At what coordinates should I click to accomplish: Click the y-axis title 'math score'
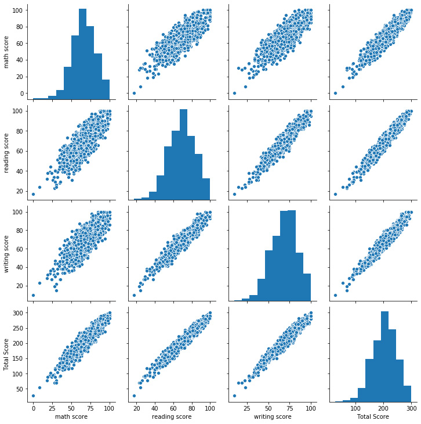7,51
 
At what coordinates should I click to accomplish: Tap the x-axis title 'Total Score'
371,416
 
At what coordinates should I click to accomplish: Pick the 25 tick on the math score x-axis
52,409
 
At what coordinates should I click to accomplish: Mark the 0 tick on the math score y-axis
22,93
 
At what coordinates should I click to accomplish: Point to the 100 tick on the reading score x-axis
209,409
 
